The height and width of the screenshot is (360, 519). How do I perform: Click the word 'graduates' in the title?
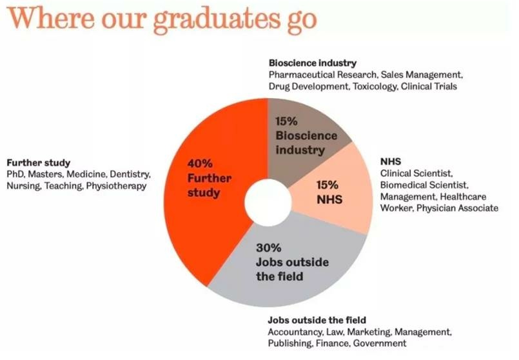click(x=217, y=19)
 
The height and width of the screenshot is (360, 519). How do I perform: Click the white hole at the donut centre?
click(x=268, y=203)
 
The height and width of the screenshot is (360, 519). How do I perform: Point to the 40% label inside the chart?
click(x=200, y=163)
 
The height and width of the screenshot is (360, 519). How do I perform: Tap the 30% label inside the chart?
click(x=268, y=248)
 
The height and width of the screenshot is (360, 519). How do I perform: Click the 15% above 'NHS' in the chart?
click(x=327, y=185)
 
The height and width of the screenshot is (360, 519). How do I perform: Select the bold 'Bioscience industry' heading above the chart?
click(x=313, y=63)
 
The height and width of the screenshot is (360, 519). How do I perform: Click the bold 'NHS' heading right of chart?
click(x=391, y=162)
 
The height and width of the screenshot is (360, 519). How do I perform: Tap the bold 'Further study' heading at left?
click(x=39, y=163)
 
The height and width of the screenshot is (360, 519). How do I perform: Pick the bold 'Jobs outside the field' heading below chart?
click(x=317, y=320)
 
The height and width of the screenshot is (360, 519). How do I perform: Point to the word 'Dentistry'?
click(x=130, y=174)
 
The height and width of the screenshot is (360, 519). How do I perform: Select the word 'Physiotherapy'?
click(x=116, y=186)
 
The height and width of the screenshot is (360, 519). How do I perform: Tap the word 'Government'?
click(x=380, y=343)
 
